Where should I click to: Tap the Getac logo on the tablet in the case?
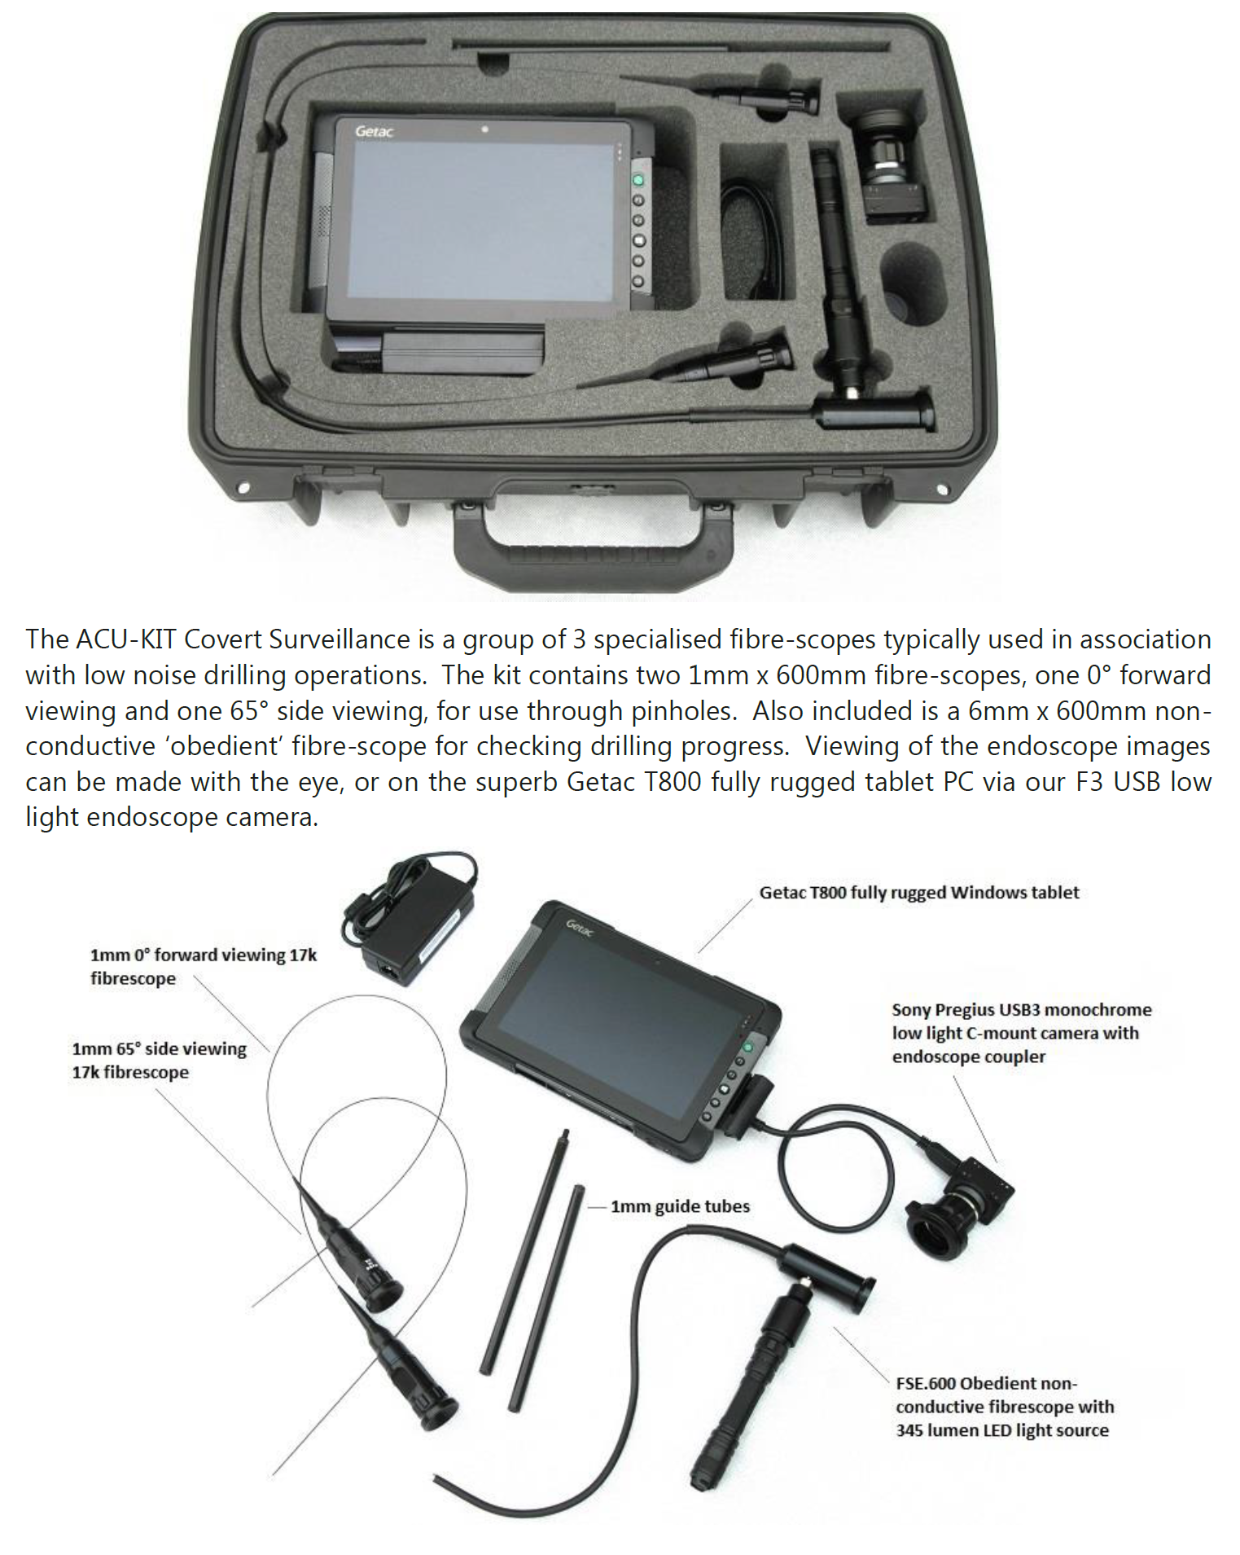coord(374,130)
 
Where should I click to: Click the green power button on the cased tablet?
coord(638,180)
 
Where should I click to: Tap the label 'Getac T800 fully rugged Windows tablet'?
coord(919,893)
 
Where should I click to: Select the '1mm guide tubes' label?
coord(680,1206)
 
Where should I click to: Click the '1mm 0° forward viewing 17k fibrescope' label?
coord(203,966)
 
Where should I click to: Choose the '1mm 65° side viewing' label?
coord(159,1049)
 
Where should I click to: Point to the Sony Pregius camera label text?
coord(1022,1033)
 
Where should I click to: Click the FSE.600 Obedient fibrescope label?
coord(1005,1407)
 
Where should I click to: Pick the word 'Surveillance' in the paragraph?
coord(340,639)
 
